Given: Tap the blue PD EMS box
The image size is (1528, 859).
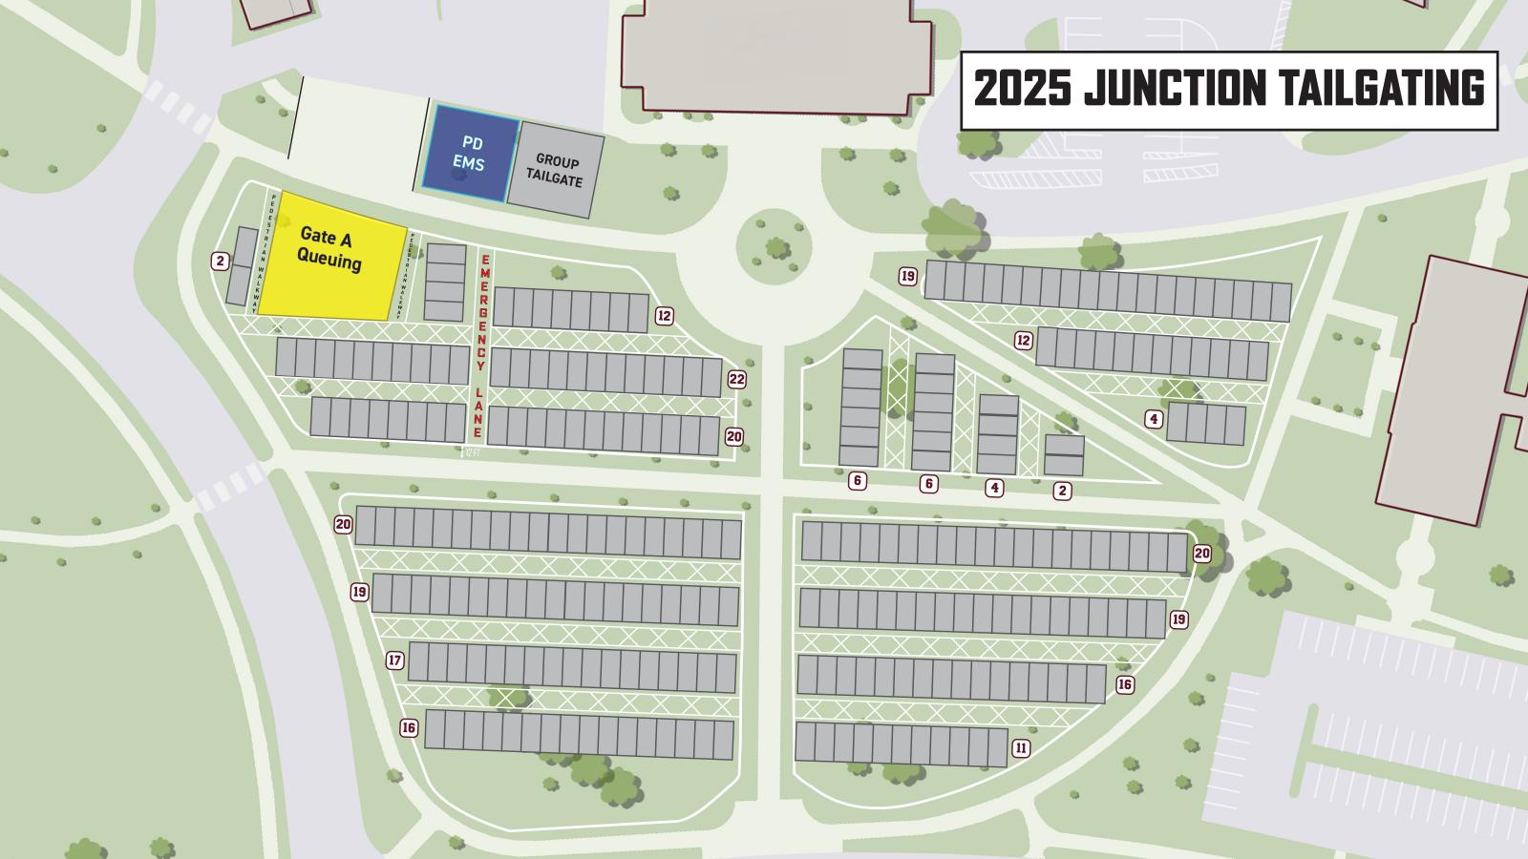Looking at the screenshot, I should pos(468,154).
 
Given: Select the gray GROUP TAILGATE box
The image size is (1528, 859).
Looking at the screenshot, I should pos(555,170).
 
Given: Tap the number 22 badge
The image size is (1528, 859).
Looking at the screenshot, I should pos(736,379).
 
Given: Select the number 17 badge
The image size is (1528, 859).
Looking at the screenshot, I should pos(394,660).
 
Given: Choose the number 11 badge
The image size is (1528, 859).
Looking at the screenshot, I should pos(1021,748).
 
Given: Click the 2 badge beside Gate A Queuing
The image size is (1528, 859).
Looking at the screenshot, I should pos(220,261).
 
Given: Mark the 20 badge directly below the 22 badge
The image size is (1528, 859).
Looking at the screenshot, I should pos(733,436).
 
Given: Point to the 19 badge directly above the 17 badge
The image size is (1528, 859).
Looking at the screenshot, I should pos(359,592).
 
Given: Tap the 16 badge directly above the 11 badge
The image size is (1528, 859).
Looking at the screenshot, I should pos(1124,684).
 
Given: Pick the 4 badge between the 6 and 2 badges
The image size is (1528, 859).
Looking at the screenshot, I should pos(995,488).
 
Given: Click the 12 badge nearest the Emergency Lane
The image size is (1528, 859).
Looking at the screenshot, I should pos(665,316).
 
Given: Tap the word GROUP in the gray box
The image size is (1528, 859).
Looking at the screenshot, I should pos(557,161).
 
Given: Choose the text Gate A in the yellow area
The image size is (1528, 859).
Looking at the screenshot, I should pos(326,238).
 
